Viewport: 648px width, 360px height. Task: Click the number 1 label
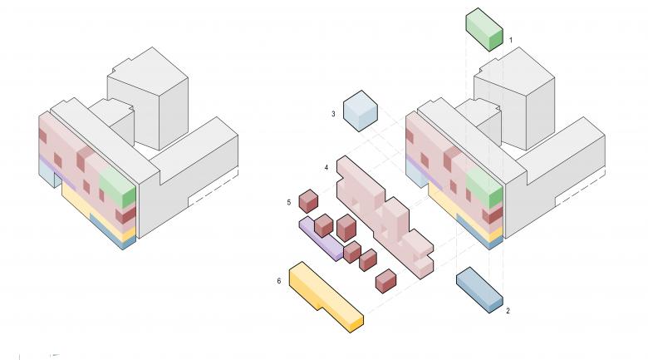(x=511, y=40)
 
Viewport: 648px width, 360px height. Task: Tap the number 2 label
(x=508, y=311)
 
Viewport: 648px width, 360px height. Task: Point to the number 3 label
(x=333, y=114)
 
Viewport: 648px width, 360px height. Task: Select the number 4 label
(x=326, y=168)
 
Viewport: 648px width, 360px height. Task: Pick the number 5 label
(x=289, y=202)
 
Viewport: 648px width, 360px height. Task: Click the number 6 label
(x=279, y=281)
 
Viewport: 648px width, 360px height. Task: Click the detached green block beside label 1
(x=484, y=29)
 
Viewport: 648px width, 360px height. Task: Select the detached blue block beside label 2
(x=480, y=290)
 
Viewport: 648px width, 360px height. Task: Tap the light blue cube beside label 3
(x=361, y=111)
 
